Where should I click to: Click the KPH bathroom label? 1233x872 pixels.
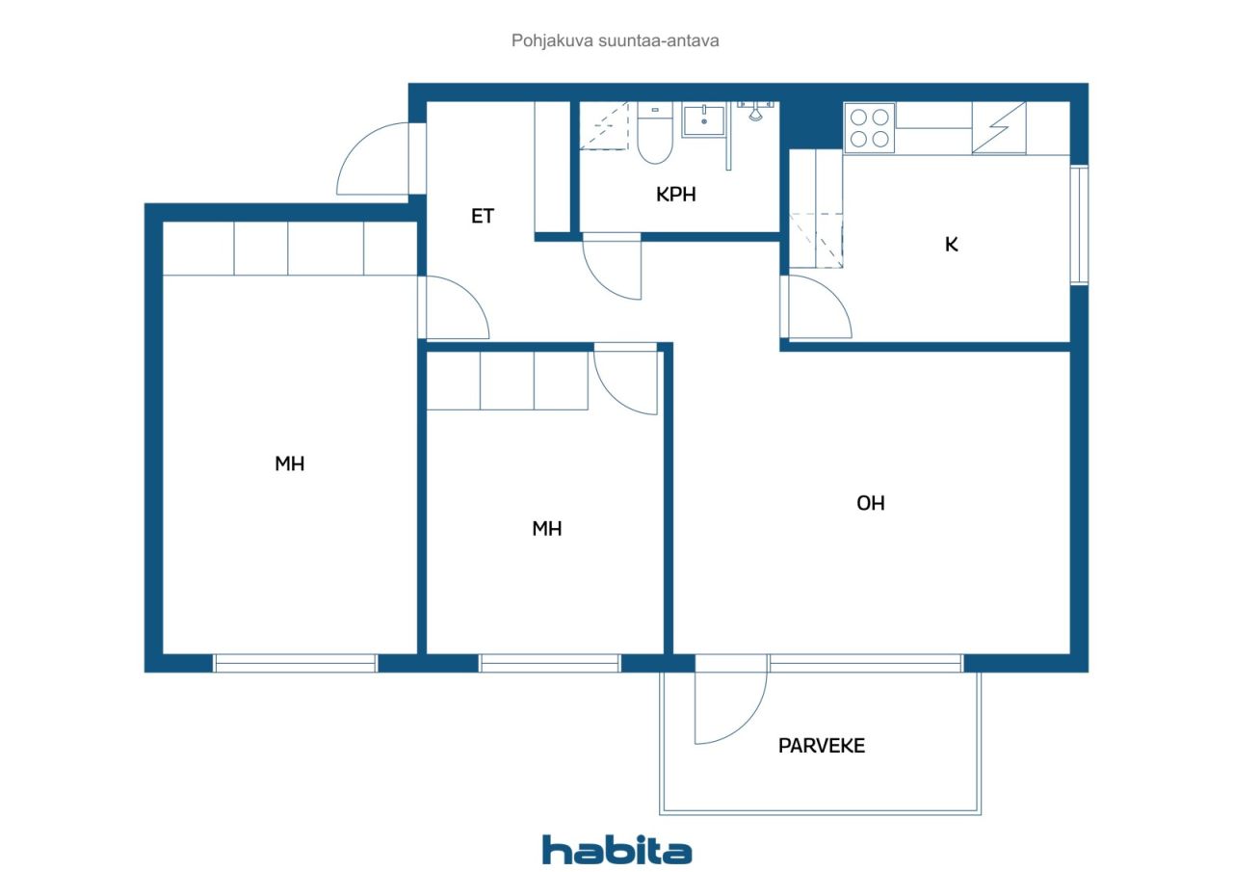coord(675,195)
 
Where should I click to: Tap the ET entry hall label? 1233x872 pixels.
coord(483,216)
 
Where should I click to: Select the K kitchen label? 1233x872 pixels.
coord(951,245)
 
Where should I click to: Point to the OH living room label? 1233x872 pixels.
coord(870,503)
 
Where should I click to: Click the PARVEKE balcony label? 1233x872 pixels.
coord(822,746)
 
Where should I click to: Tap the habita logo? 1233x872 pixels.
coord(616,851)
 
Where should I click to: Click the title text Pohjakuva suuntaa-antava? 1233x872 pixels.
coord(615,40)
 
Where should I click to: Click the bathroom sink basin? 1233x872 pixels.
coord(703,120)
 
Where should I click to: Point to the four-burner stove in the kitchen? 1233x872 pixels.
coord(870,127)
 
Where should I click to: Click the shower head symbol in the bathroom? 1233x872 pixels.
coord(756,112)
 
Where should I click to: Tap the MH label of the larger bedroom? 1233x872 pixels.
coord(290,463)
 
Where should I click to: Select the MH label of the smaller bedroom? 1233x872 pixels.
coord(546,528)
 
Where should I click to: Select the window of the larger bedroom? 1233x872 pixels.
coord(295,663)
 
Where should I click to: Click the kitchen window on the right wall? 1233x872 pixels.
coord(1080,225)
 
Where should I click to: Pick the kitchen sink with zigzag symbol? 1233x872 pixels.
coord(999,128)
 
